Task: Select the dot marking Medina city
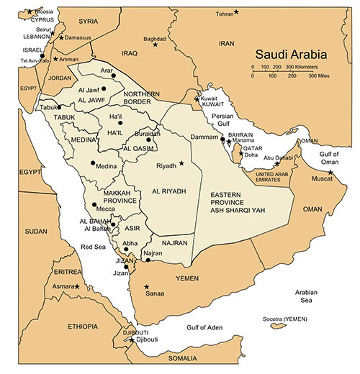coord(92,163)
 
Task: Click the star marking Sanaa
coord(146,287)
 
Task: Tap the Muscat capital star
coord(330,172)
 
